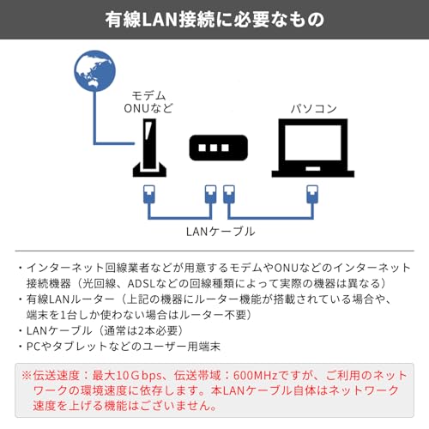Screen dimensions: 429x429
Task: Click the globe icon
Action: point(94,72)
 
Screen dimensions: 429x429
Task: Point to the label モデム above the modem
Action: point(150,94)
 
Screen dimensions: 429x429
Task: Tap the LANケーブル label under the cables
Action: point(221,231)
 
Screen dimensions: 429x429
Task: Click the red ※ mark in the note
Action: point(25,375)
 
